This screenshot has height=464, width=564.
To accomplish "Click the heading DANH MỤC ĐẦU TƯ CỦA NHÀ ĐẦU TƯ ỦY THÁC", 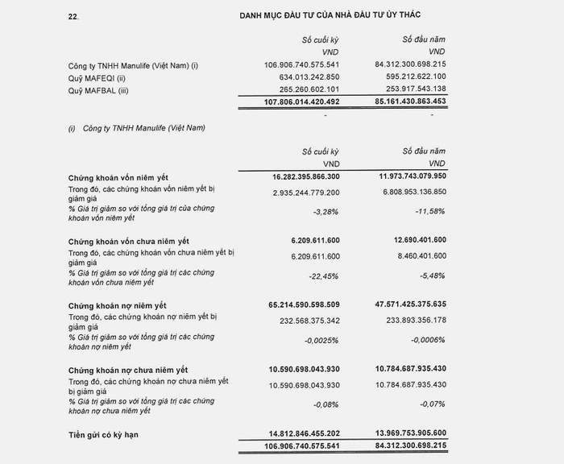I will coord(330,15).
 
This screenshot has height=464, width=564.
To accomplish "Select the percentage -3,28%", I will coord(324,211).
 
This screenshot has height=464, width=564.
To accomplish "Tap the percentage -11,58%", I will coord(429,211).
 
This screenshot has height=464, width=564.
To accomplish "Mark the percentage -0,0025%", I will coord(318,339).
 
